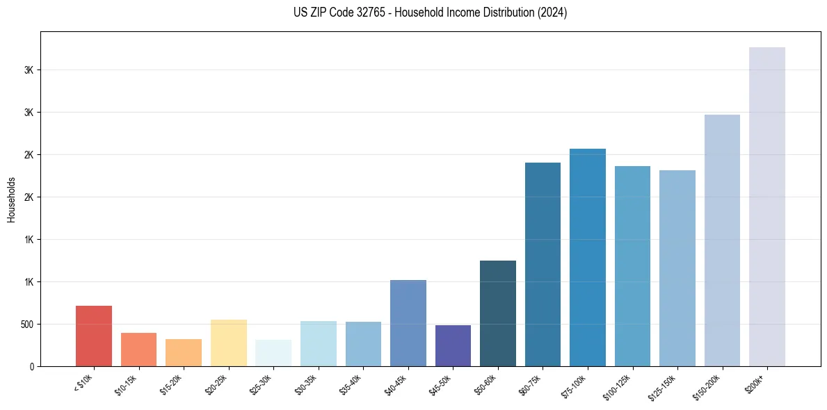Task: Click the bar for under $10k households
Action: tap(94, 336)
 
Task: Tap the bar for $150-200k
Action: tap(722, 240)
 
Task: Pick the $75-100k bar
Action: tap(588, 257)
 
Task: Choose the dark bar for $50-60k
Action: tap(498, 313)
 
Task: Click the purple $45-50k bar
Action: tap(453, 345)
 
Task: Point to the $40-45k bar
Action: tap(408, 323)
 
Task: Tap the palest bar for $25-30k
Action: tap(273, 353)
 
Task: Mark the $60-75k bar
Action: tap(543, 264)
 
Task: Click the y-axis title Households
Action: tap(11, 199)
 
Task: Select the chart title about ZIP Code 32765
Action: tap(430, 13)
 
